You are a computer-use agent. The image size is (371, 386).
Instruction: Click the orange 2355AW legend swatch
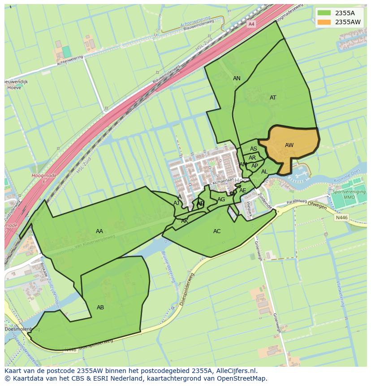pyautogui.click(x=324, y=22)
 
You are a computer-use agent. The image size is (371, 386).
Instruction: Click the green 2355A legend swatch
pyautogui.click(x=324, y=13)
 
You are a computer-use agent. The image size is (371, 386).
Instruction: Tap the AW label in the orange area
pyautogui.click(x=289, y=145)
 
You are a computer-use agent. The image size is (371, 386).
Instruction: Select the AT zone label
pyautogui.click(x=273, y=97)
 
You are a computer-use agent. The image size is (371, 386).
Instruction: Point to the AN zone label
pyautogui.click(x=237, y=78)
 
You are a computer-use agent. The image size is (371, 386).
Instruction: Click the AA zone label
pyautogui.click(x=99, y=231)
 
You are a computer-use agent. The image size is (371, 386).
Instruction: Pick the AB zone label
pyautogui.click(x=100, y=307)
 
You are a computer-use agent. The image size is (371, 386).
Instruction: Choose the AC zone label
pyautogui.click(x=217, y=231)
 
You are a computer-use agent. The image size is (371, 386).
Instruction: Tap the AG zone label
pyautogui.click(x=221, y=200)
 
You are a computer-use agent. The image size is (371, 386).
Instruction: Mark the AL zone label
pyautogui.click(x=264, y=172)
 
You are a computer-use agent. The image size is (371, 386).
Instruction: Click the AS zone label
pyautogui.click(x=254, y=149)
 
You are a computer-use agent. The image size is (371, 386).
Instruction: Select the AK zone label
pyautogui.click(x=185, y=221)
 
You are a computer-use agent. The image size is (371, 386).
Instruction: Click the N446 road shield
pyautogui.click(x=341, y=217)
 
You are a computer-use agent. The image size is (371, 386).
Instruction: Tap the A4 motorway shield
pyautogui.click(x=251, y=24)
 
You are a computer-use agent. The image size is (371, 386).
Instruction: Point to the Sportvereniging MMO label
pyautogui.click(x=349, y=194)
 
